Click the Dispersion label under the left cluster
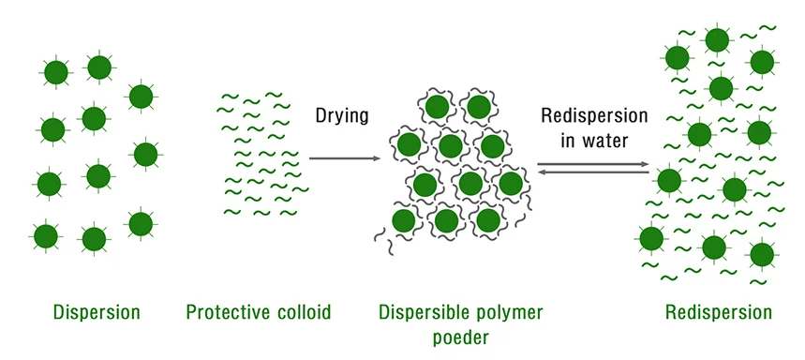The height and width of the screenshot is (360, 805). point(97,312)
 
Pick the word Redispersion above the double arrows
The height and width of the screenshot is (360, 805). point(594,116)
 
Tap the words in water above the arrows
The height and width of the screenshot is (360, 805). point(594,142)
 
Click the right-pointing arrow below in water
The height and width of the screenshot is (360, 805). point(594,164)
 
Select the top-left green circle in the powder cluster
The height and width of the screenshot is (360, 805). point(436,107)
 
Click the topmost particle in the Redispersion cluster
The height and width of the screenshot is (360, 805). point(717,39)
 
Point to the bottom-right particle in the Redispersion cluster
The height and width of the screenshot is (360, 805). point(761,254)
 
